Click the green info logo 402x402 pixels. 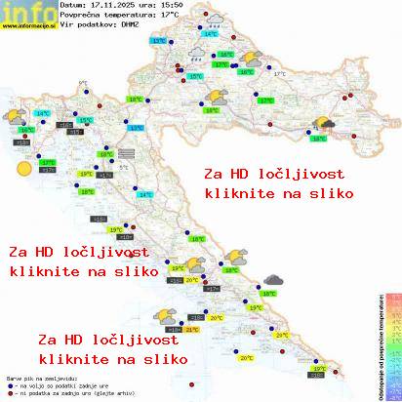tap(26, 12)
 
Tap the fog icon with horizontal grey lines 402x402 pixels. tap(127, 152)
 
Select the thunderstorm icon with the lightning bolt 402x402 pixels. tap(323, 124)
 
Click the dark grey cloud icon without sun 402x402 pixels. tap(274, 280)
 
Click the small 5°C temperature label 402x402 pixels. tap(123, 167)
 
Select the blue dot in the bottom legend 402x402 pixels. tap(9, 382)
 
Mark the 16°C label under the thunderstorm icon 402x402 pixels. tap(318, 139)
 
